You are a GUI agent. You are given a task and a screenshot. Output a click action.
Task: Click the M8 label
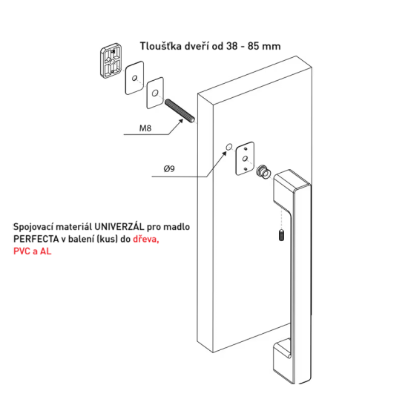(145, 128)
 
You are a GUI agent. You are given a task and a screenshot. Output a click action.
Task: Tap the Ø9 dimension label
(169, 169)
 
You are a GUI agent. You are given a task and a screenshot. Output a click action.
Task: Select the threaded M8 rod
(180, 111)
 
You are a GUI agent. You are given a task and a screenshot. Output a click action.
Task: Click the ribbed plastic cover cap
(111, 60)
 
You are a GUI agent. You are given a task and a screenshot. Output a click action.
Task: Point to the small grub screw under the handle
(281, 235)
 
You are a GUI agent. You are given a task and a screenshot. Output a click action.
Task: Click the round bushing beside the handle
(263, 172)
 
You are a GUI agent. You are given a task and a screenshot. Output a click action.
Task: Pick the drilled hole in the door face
(229, 147)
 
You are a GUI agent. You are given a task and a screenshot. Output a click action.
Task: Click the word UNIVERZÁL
(119, 227)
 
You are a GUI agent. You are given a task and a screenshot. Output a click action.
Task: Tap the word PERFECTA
(36, 239)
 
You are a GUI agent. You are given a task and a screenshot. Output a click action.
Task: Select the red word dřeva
(146, 239)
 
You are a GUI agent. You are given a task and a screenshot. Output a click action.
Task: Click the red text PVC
(22, 251)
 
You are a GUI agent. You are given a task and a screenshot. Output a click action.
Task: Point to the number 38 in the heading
(232, 46)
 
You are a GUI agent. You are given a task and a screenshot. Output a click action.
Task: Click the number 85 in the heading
(254, 46)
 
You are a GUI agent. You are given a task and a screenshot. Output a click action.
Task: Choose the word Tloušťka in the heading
(160, 46)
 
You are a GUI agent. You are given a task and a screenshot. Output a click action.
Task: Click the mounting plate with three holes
(245, 159)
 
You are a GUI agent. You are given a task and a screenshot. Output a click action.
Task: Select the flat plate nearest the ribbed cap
(134, 78)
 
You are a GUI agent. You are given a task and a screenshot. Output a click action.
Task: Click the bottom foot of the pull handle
(282, 360)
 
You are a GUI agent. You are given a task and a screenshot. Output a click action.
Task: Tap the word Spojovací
(33, 227)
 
